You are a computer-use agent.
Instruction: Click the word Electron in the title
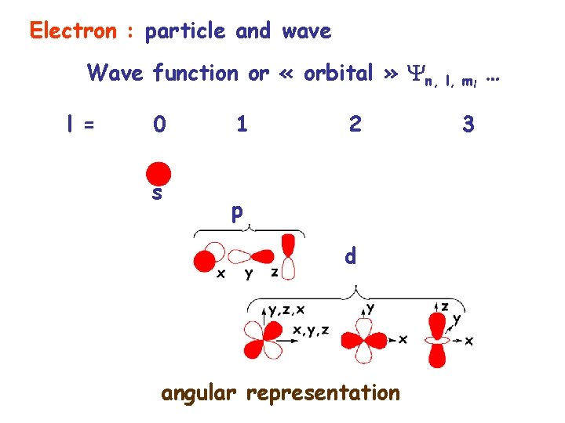tap(71, 31)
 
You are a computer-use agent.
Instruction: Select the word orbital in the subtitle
tap(337, 73)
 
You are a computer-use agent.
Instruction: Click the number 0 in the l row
tap(159, 125)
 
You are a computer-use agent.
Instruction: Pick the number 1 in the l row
tap(242, 125)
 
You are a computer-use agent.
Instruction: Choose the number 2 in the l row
tap(355, 125)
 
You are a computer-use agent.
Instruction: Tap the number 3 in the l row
tap(468, 125)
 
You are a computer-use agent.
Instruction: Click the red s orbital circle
tap(159, 173)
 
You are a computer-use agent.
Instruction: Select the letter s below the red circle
tap(157, 193)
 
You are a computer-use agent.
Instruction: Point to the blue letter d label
tap(352, 255)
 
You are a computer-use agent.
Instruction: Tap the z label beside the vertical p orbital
tap(274, 272)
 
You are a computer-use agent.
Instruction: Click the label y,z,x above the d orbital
tap(287, 309)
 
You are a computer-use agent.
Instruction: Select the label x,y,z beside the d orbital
tap(311, 330)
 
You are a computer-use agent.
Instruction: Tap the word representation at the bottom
tap(323, 392)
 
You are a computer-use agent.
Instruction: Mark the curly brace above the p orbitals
tap(247, 229)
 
